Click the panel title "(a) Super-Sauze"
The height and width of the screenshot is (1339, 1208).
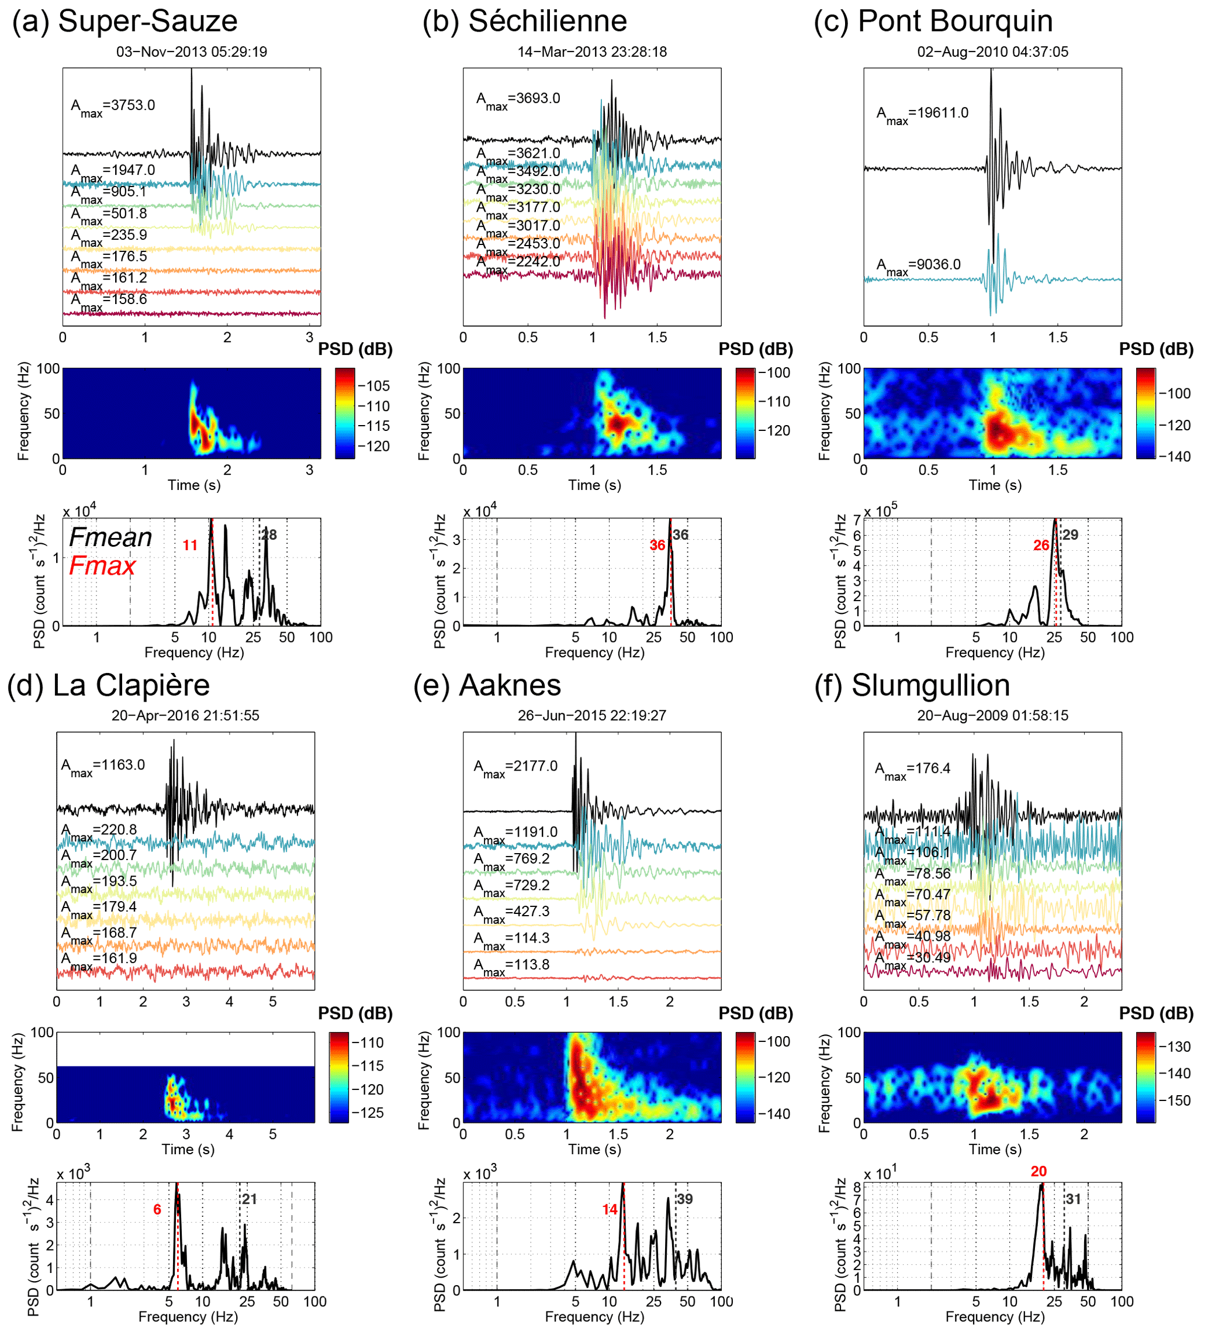pos(125,21)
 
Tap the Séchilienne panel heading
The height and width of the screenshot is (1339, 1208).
pos(524,21)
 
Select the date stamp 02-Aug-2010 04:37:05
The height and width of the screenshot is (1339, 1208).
pos(992,52)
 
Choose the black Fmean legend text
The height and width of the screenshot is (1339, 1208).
pos(110,537)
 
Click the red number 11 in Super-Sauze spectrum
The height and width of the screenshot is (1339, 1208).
pos(190,546)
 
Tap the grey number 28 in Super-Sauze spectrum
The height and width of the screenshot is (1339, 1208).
pos(269,534)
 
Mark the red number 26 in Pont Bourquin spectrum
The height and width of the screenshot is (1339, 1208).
pos(1041,546)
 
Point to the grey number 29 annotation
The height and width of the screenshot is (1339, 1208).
pos(1069,534)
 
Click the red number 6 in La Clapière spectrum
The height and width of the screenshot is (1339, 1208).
pos(157,1209)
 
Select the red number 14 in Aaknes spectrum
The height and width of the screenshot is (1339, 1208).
pos(610,1209)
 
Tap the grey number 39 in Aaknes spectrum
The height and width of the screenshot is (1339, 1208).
pos(684,1199)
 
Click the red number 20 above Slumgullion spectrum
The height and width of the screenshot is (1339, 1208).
pos(1039,1172)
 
